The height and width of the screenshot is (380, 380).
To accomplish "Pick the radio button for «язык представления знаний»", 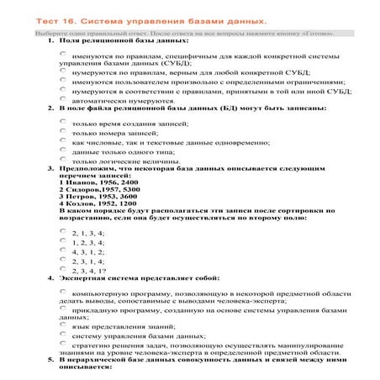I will [64, 325].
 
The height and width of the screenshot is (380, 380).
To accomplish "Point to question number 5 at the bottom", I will [50, 360].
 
